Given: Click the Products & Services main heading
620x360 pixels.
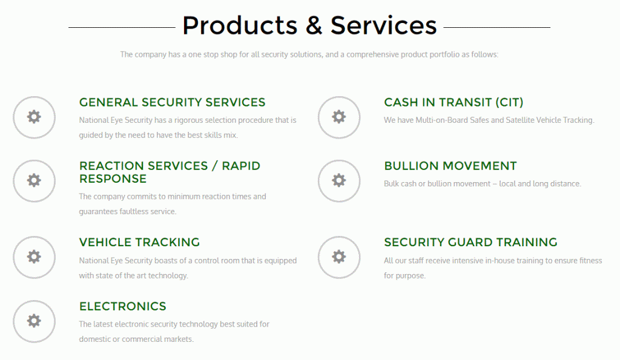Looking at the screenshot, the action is pos(309,25).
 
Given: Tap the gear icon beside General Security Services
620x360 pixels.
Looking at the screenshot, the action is pos(34,117).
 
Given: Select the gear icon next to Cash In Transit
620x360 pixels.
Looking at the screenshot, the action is pos(339,117).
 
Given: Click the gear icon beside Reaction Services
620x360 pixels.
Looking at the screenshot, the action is pos(34,180).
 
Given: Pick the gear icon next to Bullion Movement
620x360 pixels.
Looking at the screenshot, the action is pos(339,180).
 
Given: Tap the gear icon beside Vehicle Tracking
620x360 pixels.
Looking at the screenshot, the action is pos(34,257).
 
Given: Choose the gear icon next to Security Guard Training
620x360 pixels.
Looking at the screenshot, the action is pos(339,257).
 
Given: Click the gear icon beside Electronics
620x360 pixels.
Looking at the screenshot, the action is pos(34,321).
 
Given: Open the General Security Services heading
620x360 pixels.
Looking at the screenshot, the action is pos(172,102).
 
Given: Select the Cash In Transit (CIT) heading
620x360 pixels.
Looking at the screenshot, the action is pos(453,102).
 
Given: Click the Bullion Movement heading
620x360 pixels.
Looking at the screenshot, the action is pos(450,166).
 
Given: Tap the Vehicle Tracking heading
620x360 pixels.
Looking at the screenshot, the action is pos(139,242).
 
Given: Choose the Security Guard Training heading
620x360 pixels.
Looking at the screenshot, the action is pos(470,242).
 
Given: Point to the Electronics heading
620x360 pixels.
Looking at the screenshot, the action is pos(122,306).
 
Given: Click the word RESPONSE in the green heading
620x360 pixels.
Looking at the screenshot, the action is pos(113,178).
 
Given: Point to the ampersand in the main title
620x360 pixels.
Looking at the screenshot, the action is pos(314,25).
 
